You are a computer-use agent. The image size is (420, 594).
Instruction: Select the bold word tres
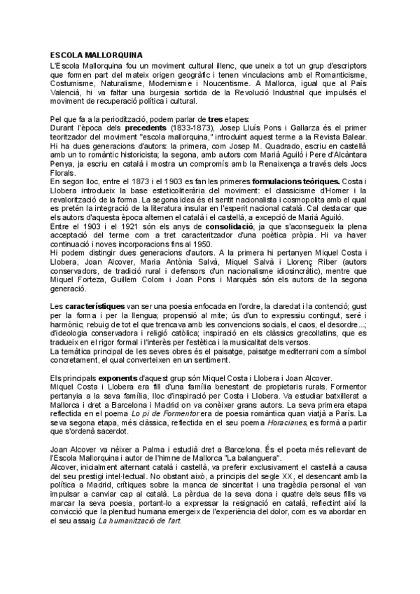[x=214, y=119]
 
